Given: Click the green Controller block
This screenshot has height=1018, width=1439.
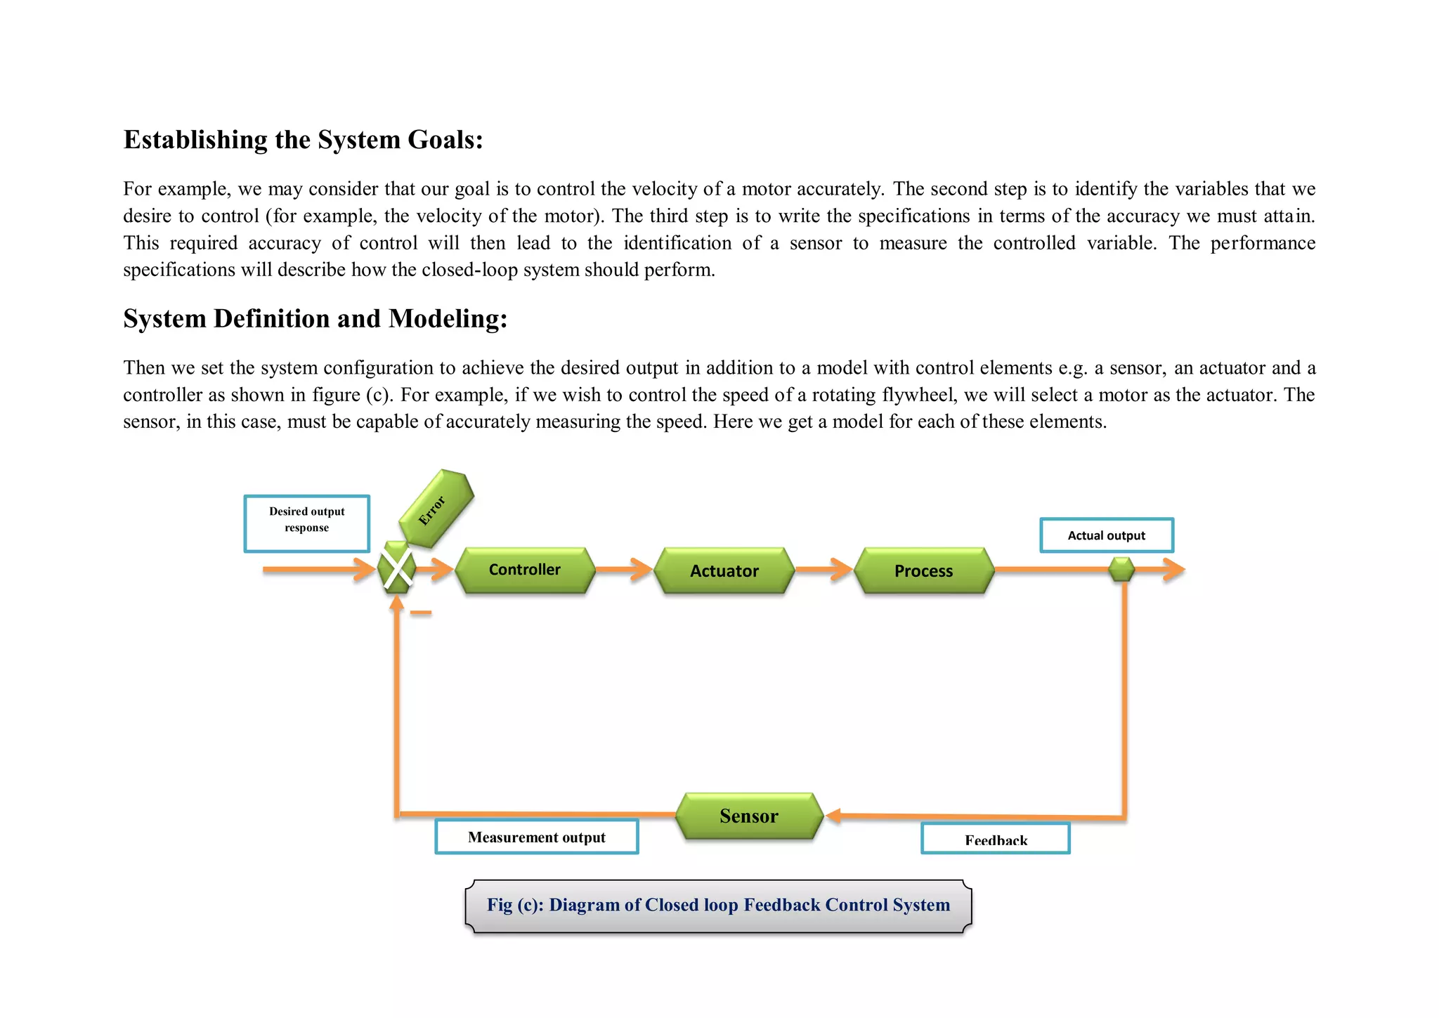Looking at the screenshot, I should [524, 570].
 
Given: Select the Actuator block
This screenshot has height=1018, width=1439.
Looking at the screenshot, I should [724, 570].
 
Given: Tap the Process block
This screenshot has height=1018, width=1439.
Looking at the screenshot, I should [923, 570].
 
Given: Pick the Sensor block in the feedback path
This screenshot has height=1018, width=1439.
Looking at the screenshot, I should [749, 816].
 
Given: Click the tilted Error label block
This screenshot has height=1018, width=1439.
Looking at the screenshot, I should [436, 509].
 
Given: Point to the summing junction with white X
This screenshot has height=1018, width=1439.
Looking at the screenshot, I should [397, 568].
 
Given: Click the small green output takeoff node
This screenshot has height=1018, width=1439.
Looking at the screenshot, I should [1121, 569].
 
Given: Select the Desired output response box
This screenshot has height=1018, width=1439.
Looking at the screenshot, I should [307, 523].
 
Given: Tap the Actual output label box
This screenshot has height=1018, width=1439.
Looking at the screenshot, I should [1106, 535].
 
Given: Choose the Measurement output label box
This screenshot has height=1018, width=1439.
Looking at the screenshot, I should [537, 837].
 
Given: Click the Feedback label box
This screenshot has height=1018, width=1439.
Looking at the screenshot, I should [995, 839].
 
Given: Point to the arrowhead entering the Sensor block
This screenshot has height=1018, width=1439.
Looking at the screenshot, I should [834, 816].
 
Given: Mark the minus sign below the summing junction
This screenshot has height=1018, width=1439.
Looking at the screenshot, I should [420, 613].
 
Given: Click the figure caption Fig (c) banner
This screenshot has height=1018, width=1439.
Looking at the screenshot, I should [718, 905].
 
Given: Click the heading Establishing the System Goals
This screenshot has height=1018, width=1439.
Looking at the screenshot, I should [304, 140].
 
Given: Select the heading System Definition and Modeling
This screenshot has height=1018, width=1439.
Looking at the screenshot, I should [315, 319].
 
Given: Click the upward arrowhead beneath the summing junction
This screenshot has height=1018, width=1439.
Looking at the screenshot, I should [397, 602].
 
